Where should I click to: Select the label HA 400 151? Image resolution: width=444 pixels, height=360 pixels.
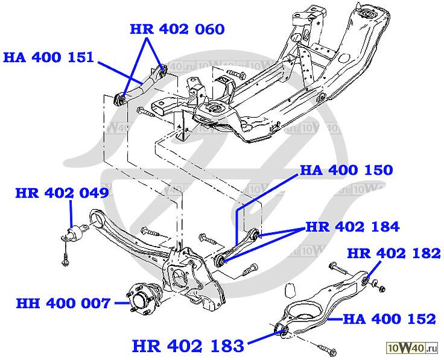pyautogui.click(x=48, y=57)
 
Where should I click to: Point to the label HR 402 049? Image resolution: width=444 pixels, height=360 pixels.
pyautogui.click(x=62, y=194)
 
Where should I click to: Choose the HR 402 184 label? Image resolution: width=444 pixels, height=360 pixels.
pyautogui.click(x=352, y=227)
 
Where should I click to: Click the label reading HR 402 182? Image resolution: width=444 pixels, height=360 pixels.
pyautogui.click(x=394, y=254)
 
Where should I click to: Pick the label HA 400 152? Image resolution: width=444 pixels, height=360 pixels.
pyautogui.click(x=389, y=318)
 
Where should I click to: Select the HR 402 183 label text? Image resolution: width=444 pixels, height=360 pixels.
pyautogui.click(x=188, y=346)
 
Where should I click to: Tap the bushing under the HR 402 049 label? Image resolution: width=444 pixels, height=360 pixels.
pyautogui.click(x=77, y=233)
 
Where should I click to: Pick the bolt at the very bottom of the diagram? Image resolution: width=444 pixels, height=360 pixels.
pyautogui.click(x=325, y=349)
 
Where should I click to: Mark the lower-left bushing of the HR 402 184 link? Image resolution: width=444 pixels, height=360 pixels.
pyautogui.click(x=221, y=260)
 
